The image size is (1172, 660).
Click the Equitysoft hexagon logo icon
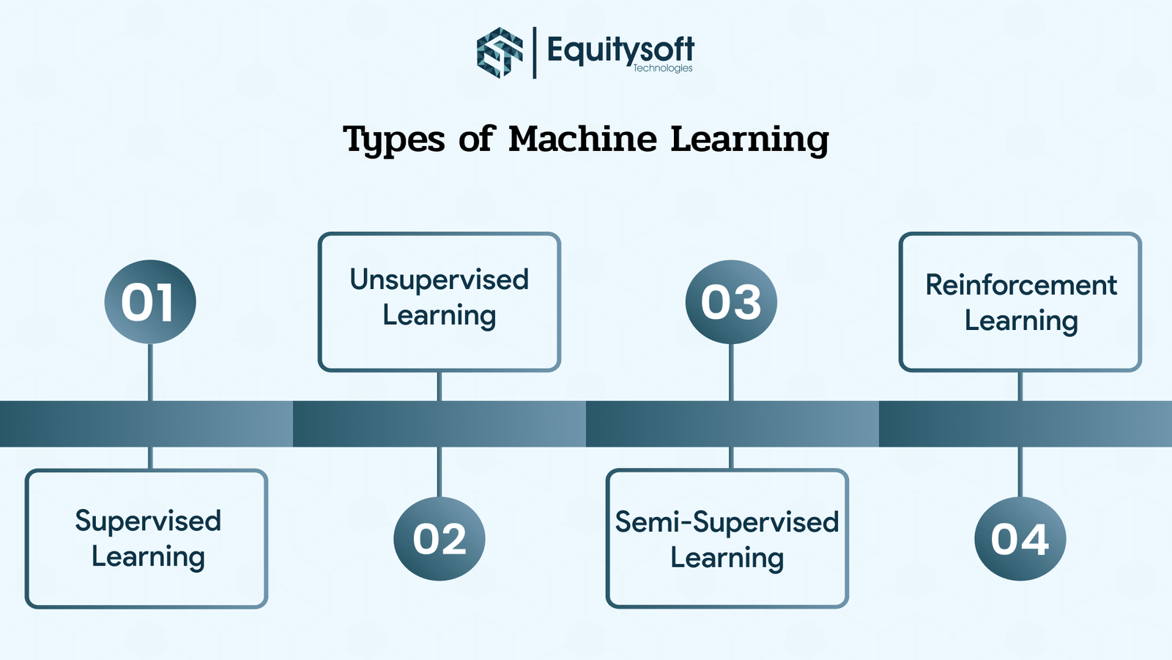pyautogui.click(x=500, y=52)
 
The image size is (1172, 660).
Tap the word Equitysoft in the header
pyautogui.click(x=620, y=49)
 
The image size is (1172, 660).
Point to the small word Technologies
pyautogui.click(x=662, y=68)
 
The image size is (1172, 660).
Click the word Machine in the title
pyautogui.click(x=582, y=139)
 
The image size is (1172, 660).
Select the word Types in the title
pyautogui.click(x=394, y=139)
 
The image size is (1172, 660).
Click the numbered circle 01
pyautogui.click(x=150, y=301)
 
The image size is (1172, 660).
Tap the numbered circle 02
pyautogui.click(x=439, y=539)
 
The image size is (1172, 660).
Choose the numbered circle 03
pyautogui.click(x=731, y=301)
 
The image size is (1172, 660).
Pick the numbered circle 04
pyautogui.click(x=1020, y=539)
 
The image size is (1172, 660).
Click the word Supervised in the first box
pyautogui.click(x=148, y=521)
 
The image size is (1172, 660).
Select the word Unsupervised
pyautogui.click(x=439, y=279)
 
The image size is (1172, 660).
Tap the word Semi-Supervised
pyautogui.click(x=727, y=522)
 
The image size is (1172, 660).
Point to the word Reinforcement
pyautogui.click(x=1021, y=285)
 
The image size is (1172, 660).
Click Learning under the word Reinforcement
pyautogui.click(x=1021, y=320)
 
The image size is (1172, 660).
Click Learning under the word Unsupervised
pyautogui.click(x=439, y=315)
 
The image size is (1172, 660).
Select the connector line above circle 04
pyautogui.click(x=1020, y=472)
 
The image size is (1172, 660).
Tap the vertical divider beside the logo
pyautogui.click(x=534, y=52)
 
